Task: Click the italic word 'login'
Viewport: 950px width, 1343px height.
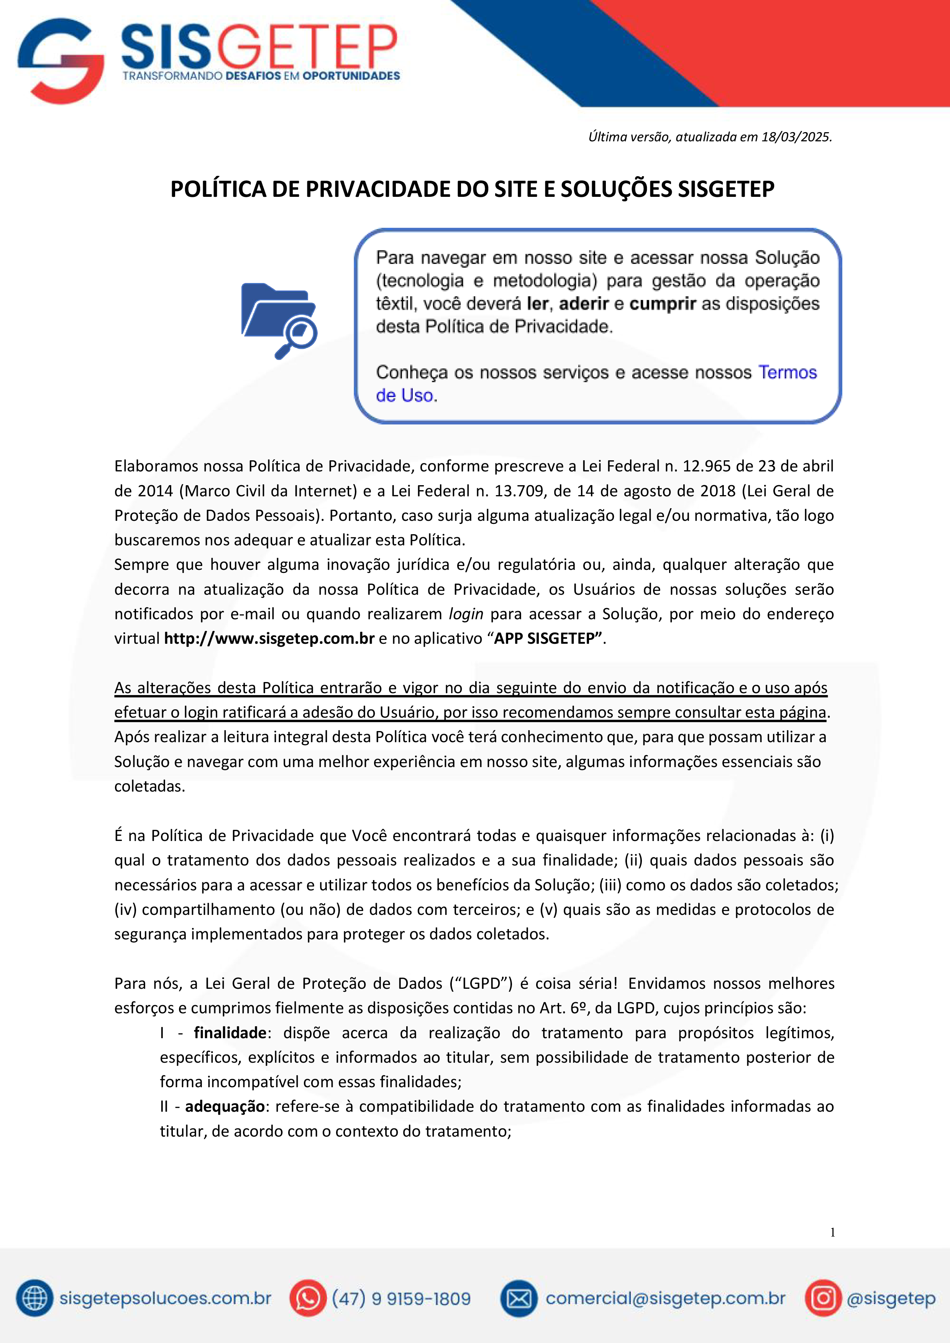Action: click(466, 613)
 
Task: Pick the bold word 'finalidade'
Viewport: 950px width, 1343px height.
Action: click(230, 1032)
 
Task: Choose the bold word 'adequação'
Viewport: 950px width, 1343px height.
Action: click(225, 1106)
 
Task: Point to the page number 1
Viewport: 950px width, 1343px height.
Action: click(832, 1232)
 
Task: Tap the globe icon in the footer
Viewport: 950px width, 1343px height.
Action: click(34, 1298)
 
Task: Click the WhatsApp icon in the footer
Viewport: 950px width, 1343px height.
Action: click(307, 1298)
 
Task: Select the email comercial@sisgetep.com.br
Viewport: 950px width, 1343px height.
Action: click(665, 1298)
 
